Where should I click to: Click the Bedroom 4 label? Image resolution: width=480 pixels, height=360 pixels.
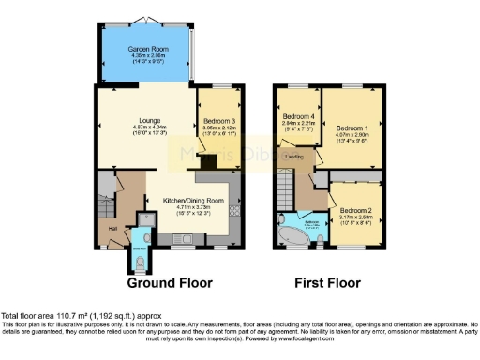tap(297, 115)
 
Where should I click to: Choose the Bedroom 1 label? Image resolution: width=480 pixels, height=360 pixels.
tap(352, 127)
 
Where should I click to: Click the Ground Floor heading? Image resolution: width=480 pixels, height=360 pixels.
tap(170, 282)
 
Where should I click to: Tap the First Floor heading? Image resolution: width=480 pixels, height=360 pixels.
tap(328, 282)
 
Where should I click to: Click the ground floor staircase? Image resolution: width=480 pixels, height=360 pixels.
tap(106, 194)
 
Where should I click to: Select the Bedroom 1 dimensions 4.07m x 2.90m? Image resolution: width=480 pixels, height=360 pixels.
tap(352, 135)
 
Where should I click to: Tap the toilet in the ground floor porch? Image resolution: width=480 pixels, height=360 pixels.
tap(142, 250)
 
